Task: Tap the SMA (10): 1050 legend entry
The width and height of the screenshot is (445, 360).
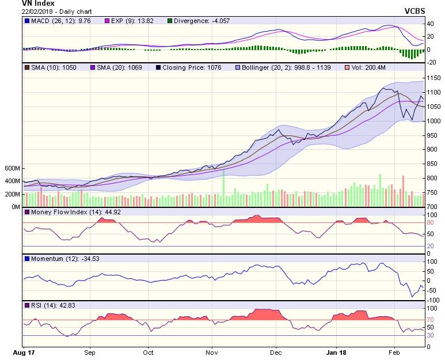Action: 52,67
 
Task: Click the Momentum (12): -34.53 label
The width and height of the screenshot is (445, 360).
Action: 60,259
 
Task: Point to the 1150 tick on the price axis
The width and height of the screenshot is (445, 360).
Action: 433,78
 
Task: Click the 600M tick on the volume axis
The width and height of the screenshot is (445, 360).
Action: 12,169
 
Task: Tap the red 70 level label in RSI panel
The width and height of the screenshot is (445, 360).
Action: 429,320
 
